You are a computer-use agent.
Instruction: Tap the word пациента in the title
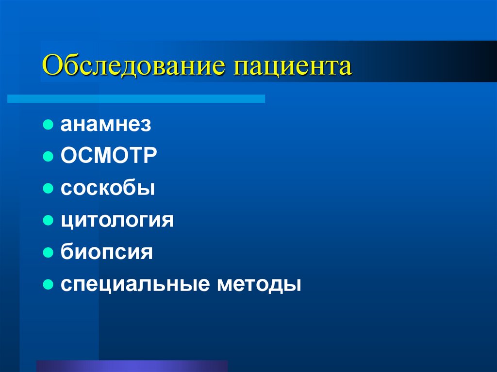tap(294, 67)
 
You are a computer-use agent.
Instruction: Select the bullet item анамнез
tap(106, 125)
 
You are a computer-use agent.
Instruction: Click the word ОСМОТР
tap(109, 157)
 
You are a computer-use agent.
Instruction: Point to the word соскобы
tap(108, 188)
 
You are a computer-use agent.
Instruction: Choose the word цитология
tap(117, 221)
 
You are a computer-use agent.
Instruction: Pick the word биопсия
tap(107, 252)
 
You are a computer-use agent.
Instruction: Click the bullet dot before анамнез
tap(48, 125)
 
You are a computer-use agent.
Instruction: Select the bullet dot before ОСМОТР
tap(48, 157)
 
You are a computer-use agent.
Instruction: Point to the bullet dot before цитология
tap(48, 220)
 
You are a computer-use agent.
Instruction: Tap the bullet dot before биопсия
tap(48, 252)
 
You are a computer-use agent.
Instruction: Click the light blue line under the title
tap(136, 98)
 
